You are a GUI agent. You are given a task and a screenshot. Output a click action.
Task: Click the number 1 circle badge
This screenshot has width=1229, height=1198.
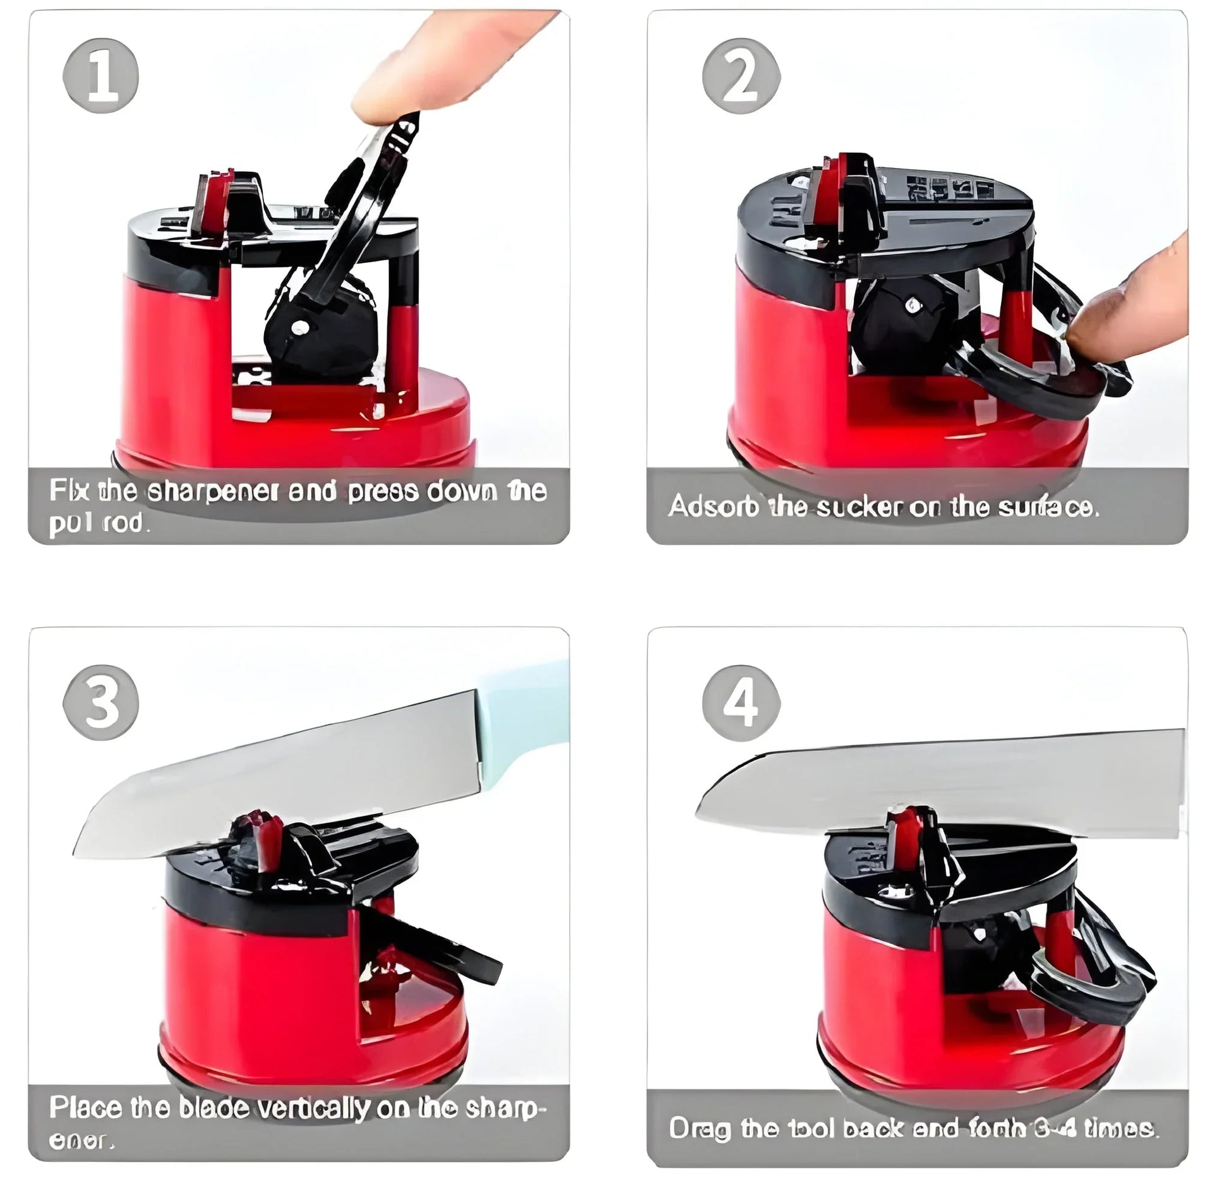coord(101,80)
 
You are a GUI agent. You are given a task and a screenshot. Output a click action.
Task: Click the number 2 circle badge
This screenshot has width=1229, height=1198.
coord(741,80)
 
